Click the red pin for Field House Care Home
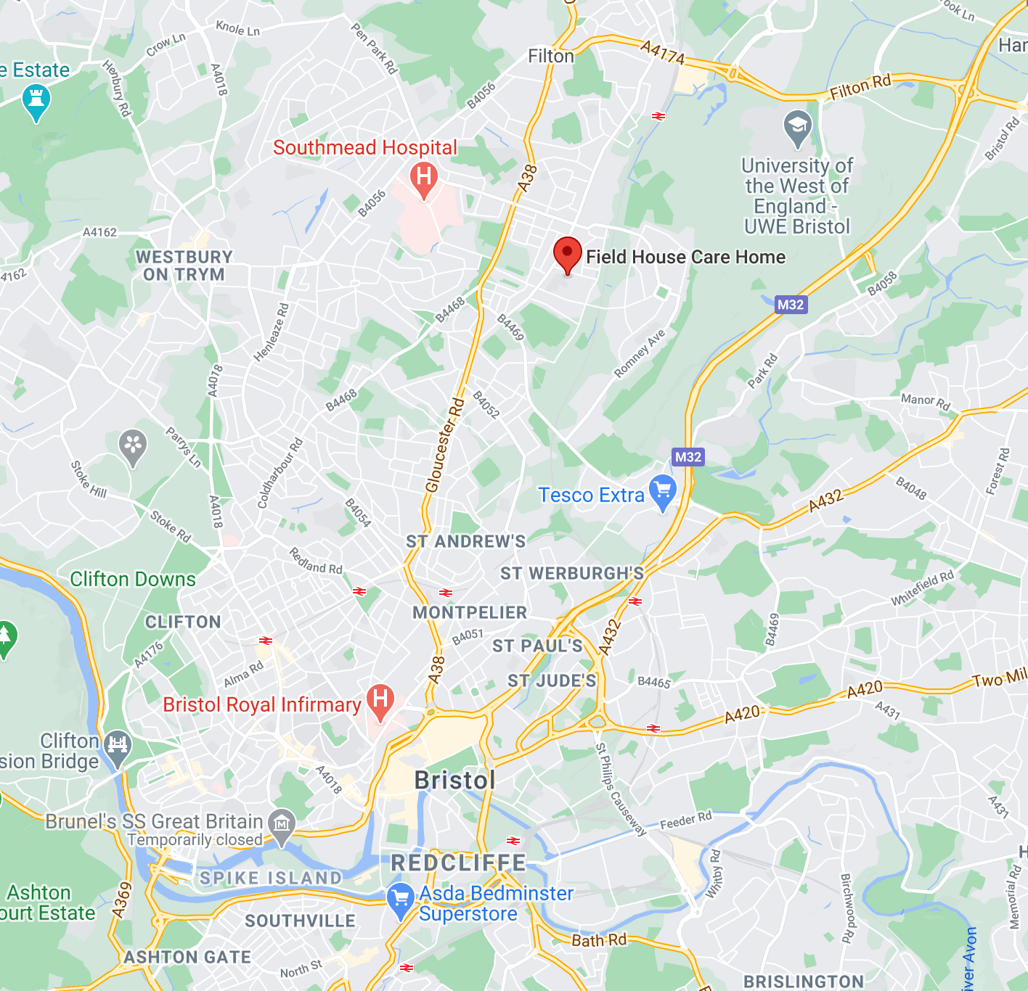(567, 254)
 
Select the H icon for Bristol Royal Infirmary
(380, 700)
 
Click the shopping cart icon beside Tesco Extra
(663, 491)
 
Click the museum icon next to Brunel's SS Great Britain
(281, 823)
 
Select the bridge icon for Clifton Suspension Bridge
(117, 745)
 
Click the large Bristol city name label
(454, 781)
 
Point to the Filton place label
(550, 56)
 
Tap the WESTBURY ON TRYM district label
(184, 266)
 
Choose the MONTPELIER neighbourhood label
(470, 613)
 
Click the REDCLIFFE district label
(458, 863)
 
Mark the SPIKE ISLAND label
(271, 879)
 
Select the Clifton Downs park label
(133, 579)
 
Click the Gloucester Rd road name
(445, 445)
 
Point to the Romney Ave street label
(640, 354)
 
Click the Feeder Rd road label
(685, 821)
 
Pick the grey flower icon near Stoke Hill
(133, 445)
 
